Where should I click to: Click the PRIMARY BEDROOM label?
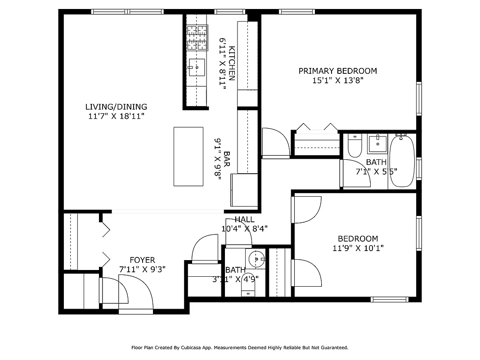[x=337, y=71]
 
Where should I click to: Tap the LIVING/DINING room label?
[x=116, y=107]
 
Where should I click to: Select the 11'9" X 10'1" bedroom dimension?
[x=358, y=248]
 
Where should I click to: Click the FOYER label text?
[x=142, y=260]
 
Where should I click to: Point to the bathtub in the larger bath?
[x=402, y=162]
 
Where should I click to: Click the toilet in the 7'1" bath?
[x=354, y=144]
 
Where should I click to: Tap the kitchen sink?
[x=197, y=67]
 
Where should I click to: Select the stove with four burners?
[x=197, y=37]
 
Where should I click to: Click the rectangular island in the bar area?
[x=188, y=156]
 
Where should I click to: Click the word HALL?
[x=244, y=220]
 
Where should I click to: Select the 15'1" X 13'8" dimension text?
[x=337, y=81]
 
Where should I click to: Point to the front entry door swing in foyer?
[x=135, y=292]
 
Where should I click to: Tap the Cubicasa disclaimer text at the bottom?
[x=239, y=347]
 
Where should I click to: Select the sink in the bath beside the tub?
[x=377, y=144]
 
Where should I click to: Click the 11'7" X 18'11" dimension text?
[x=116, y=116]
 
